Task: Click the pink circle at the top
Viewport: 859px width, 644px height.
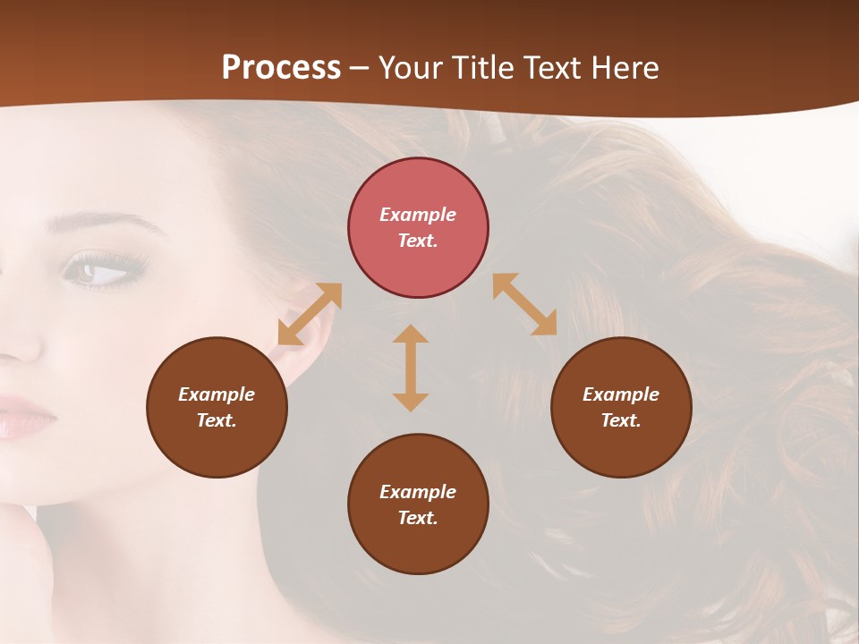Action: pyautogui.click(x=418, y=227)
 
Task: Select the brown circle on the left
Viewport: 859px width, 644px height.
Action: pyautogui.click(x=217, y=407)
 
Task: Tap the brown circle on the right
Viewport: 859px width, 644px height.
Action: pyautogui.click(x=621, y=407)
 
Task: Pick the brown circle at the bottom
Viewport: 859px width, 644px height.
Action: pyautogui.click(x=418, y=504)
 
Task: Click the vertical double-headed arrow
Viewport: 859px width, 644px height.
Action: pyautogui.click(x=411, y=368)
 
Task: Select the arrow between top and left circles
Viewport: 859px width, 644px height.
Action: pyautogui.click(x=310, y=314)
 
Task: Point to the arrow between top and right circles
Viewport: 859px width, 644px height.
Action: pyautogui.click(x=525, y=304)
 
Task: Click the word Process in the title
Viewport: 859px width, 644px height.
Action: pyautogui.click(x=281, y=67)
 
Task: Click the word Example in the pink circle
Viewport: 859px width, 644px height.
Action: pyautogui.click(x=418, y=215)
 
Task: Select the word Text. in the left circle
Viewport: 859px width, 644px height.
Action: pyautogui.click(x=217, y=420)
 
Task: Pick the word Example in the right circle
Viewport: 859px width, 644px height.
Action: pyautogui.click(x=621, y=394)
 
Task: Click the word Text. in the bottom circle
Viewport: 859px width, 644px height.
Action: pyautogui.click(x=418, y=518)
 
